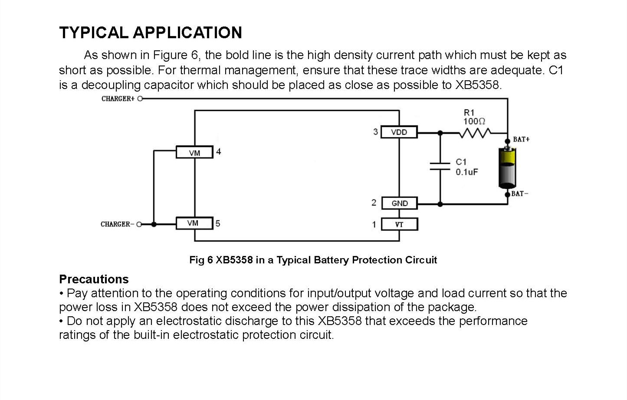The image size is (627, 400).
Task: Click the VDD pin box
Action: [x=399, y=132]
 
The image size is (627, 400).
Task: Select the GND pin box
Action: [x=400, y=203]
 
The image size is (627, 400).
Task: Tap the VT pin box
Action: [x=400, y=224]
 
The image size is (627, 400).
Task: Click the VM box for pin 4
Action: [x=194, y=152]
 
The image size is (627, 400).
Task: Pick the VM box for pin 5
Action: [x=194, y=223]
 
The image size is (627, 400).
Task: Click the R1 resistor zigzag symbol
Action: [x=475, y=133]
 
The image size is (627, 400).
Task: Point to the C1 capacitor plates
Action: [x=440, y=166]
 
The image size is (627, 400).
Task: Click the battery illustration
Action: [x=508, y=167]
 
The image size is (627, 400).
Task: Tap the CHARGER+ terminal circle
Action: [x=140, y=98]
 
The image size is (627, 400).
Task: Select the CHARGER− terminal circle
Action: [x=139, y=224]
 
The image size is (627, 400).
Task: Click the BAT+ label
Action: [x=521, y=139]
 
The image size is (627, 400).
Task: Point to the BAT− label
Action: [x=520, y=193]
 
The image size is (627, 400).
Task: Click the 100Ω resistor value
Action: [x=474, y=121]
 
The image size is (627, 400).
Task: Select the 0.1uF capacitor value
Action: [x=467, y=172]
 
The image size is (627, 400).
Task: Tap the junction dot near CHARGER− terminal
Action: [x=154, y=224]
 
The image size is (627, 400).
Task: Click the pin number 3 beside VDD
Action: [x=375, y=132]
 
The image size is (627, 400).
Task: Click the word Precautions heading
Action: [x=94, y=279]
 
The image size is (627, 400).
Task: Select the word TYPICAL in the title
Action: [x=94, y=33]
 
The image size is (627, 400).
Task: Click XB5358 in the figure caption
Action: [x=234, y=260]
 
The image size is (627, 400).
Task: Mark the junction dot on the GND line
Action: [x=440, y=204]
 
